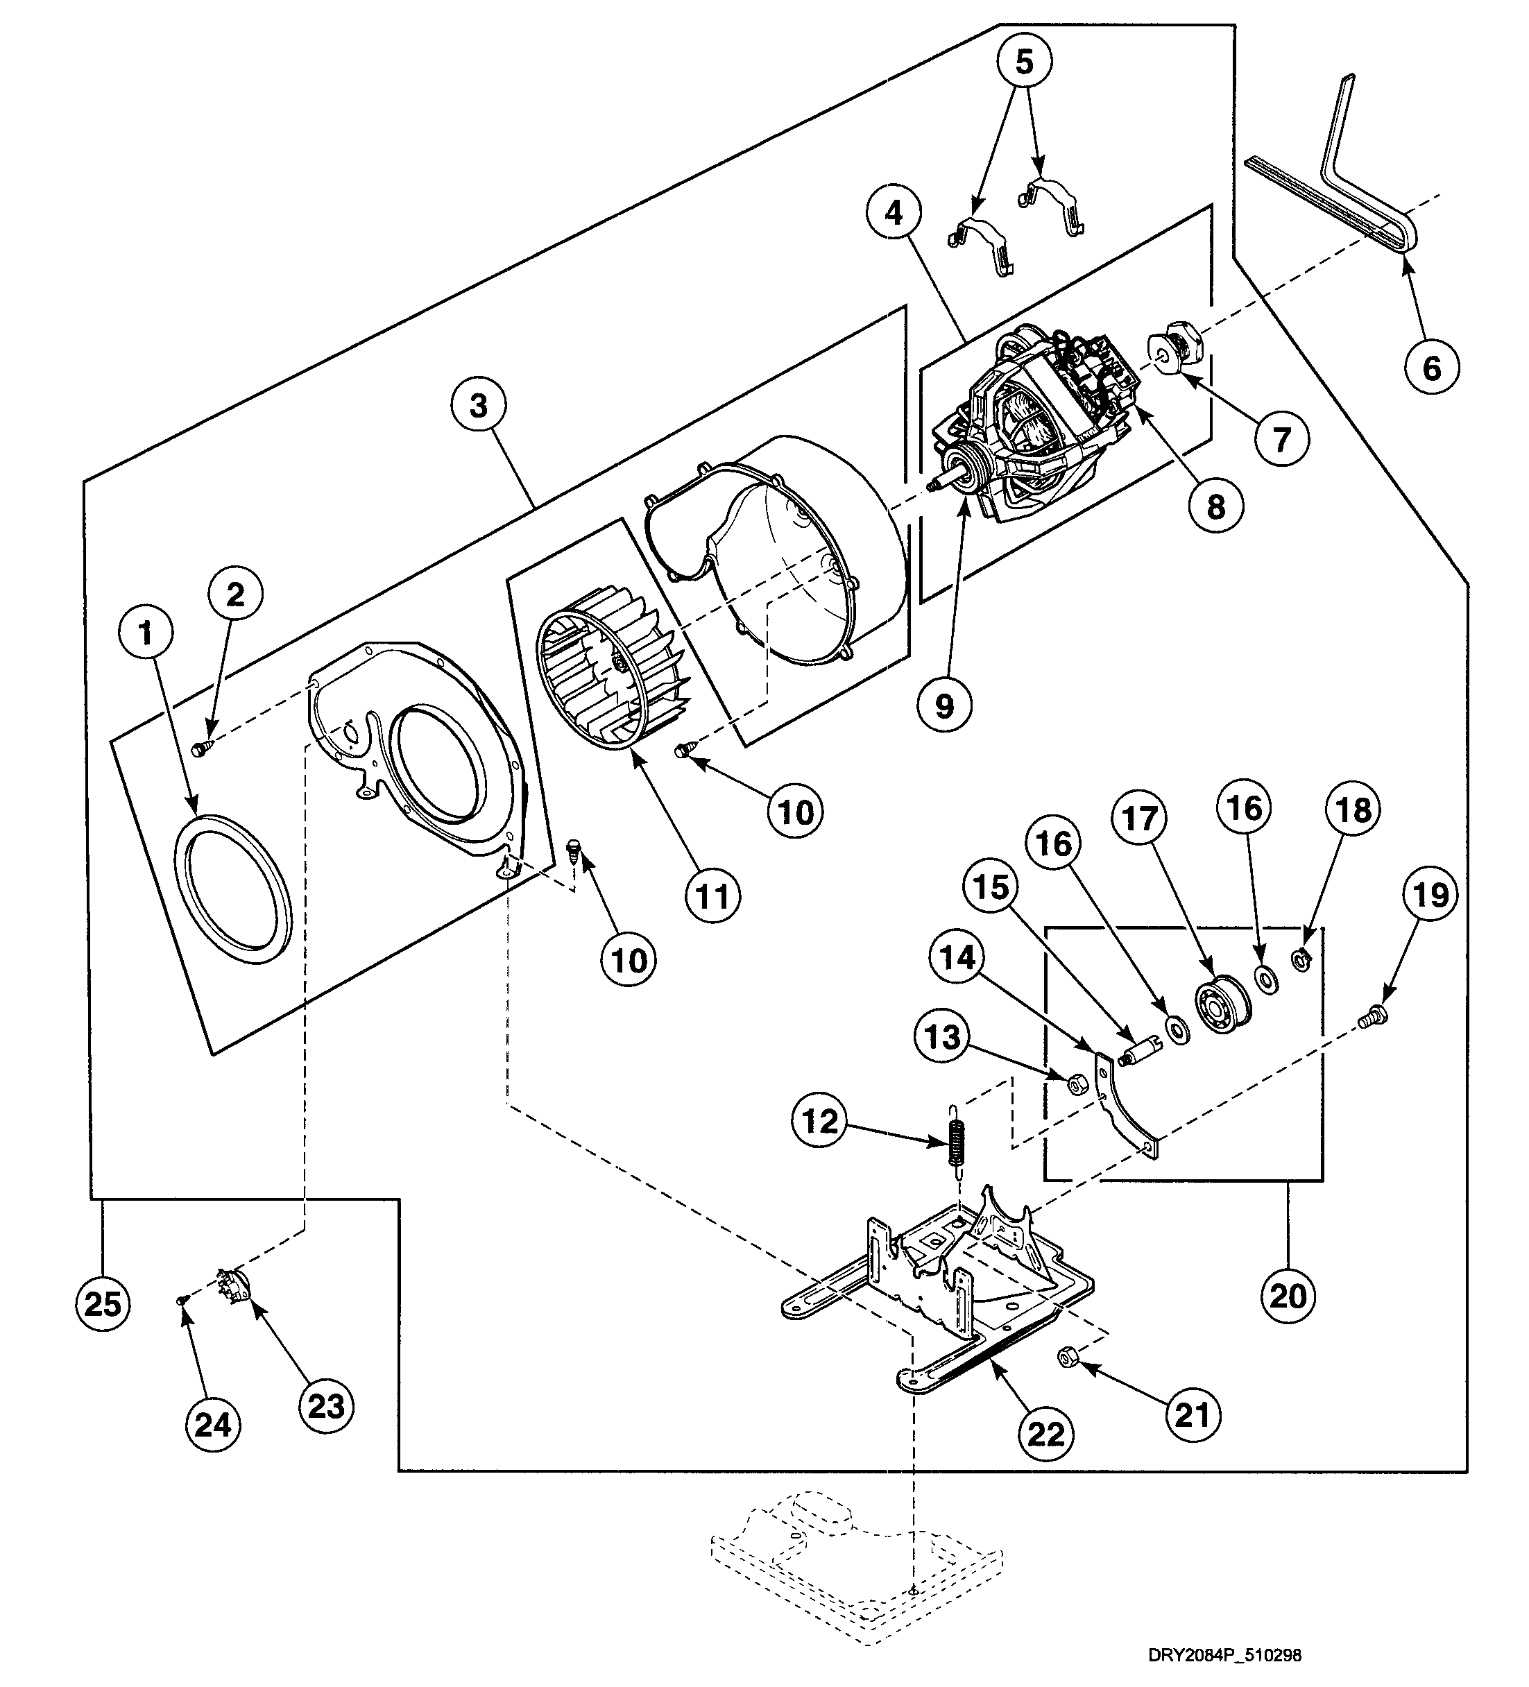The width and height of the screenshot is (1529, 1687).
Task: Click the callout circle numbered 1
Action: (x=146, y=633)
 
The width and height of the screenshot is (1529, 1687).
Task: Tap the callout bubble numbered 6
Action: (x=1432, y=366)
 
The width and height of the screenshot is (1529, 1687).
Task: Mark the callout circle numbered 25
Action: (x=103, y=1303)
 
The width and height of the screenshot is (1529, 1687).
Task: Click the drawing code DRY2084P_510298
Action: (x=1224, y=1655)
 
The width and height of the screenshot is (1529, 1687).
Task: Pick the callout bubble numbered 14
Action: (x=957, y=957)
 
